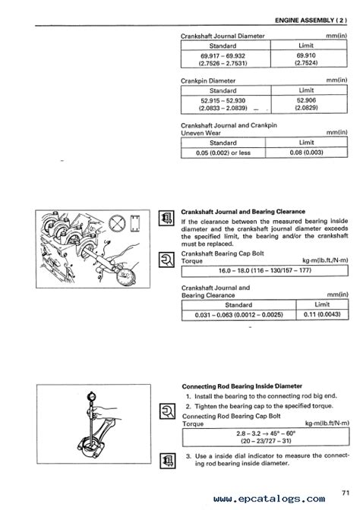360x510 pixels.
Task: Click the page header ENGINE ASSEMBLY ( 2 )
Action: [x=311, y=20]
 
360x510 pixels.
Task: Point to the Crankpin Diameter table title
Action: [x=208, y=80]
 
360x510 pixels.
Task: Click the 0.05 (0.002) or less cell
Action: [x=223, y=153]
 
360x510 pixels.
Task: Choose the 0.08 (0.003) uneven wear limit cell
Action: [x=306, y=153]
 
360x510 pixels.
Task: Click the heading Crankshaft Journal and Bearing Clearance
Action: [x=243, y=212]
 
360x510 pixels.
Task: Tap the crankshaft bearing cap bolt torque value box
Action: [x=264, y=271]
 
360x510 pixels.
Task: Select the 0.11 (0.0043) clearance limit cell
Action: [x=322, y=314]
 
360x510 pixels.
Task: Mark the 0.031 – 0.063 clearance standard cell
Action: [x=239, y=315]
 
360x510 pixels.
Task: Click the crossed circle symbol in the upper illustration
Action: [x=117, y=223]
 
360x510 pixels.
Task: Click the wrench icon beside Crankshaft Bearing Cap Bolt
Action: [x=166, y=260]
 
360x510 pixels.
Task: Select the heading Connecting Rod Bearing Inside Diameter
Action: [x=242, y=386]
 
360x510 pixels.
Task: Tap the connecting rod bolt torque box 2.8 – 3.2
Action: [x=266, y=437]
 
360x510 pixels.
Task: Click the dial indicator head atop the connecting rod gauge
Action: [x=92, y=397]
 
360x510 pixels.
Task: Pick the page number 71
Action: [x=346, y=493]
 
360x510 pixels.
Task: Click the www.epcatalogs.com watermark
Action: [x=269, y=499]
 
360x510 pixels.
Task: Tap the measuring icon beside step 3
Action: [x=168, y=461]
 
